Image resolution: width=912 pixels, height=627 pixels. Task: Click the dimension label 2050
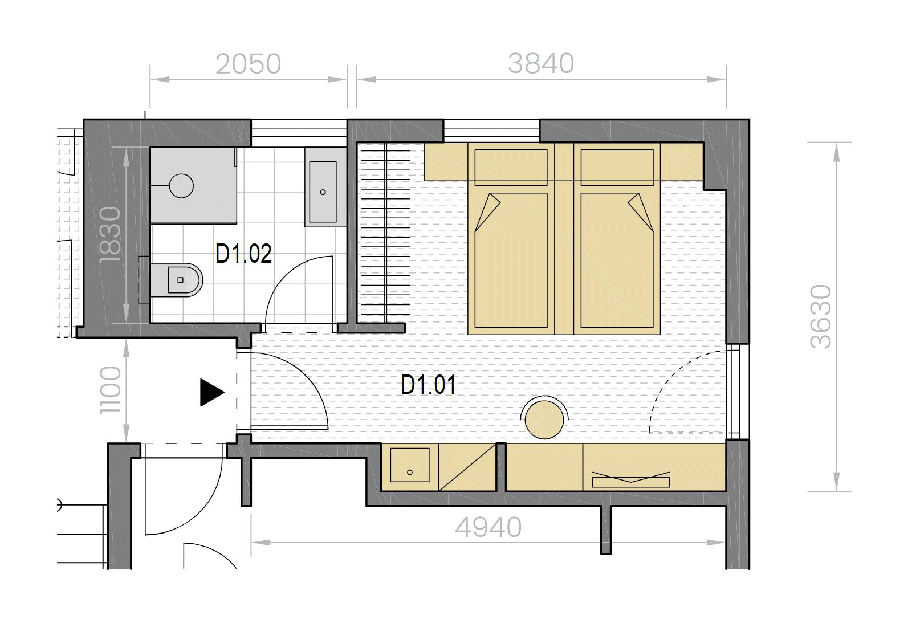pos(248,64)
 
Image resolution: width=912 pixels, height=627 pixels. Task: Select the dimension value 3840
pos(541,63)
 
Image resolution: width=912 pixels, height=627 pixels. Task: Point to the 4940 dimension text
pos(488,527)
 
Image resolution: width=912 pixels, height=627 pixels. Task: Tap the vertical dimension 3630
pos(820,316)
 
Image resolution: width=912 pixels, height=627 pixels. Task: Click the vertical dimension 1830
pos(111,234)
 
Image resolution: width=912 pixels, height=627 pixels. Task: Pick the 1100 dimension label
pos(111,390)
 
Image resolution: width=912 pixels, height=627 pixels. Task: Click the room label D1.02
pos(243,254)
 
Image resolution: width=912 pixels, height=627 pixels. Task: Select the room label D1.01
pos(428,385)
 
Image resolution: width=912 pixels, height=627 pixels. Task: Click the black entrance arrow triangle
pos(211,393)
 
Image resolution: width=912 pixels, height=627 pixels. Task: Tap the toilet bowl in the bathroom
pos(179,280)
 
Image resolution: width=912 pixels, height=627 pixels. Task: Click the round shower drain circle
pos(181,186)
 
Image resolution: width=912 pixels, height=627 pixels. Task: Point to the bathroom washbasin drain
pos(323,192)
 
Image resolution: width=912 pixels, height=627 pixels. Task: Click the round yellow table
pos(544,420)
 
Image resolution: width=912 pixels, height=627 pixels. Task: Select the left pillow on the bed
pos(511,168)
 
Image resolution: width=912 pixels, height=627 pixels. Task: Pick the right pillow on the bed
pos(617,168)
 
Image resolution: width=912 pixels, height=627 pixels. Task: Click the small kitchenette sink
pos(410,465)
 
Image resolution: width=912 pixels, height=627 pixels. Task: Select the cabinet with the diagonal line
pos(467,467)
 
